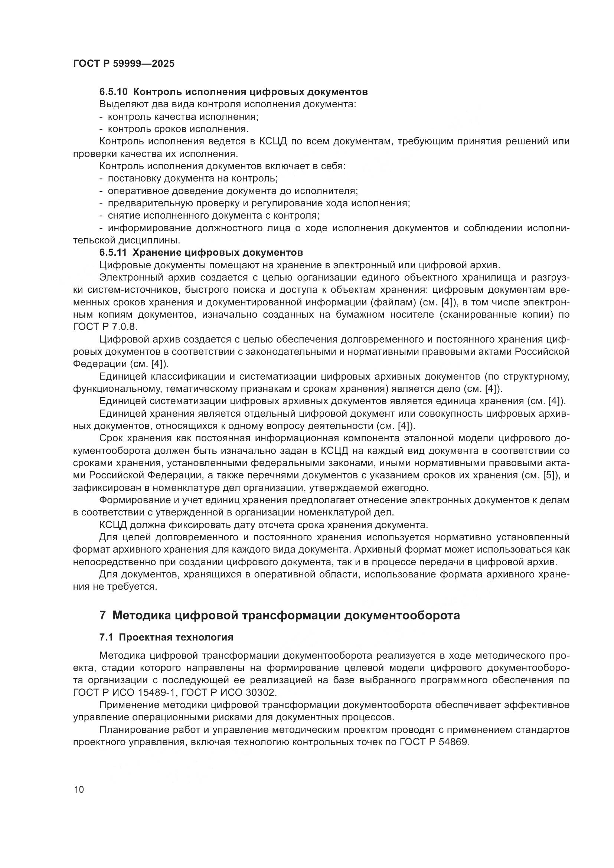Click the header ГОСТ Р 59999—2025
(124, 63)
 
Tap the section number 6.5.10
(114, 92)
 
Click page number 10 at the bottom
(79, 790)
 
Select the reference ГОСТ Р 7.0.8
(105, 327)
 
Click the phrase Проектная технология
(176, 638)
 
